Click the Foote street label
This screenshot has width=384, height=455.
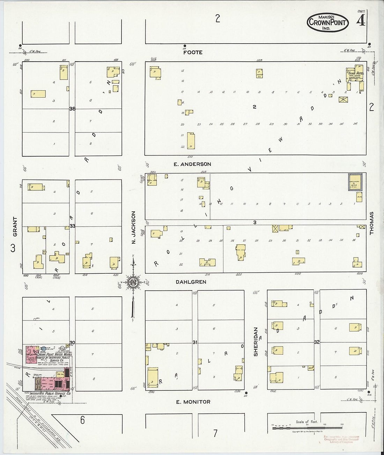[x=193, y=52]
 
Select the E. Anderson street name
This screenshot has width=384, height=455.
[x=192, y=164]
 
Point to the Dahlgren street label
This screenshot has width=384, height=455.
[x=191, y=282]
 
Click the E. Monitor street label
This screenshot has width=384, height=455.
[x=193, y=402]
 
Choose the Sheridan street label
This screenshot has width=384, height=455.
[x=256, y=341]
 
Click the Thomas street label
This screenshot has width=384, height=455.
[x=371, y=223]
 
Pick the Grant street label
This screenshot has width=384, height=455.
[x=15, y=227]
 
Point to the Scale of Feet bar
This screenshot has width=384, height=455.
[x=307, y=427]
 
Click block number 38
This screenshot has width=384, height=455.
[x=72, y=109]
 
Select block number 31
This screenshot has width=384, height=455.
[x=195, y=343]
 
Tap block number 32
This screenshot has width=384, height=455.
[x=317, y=342]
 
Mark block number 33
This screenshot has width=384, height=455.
[x=72, y=226]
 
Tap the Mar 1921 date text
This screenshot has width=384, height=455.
[x=327, y=17]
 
